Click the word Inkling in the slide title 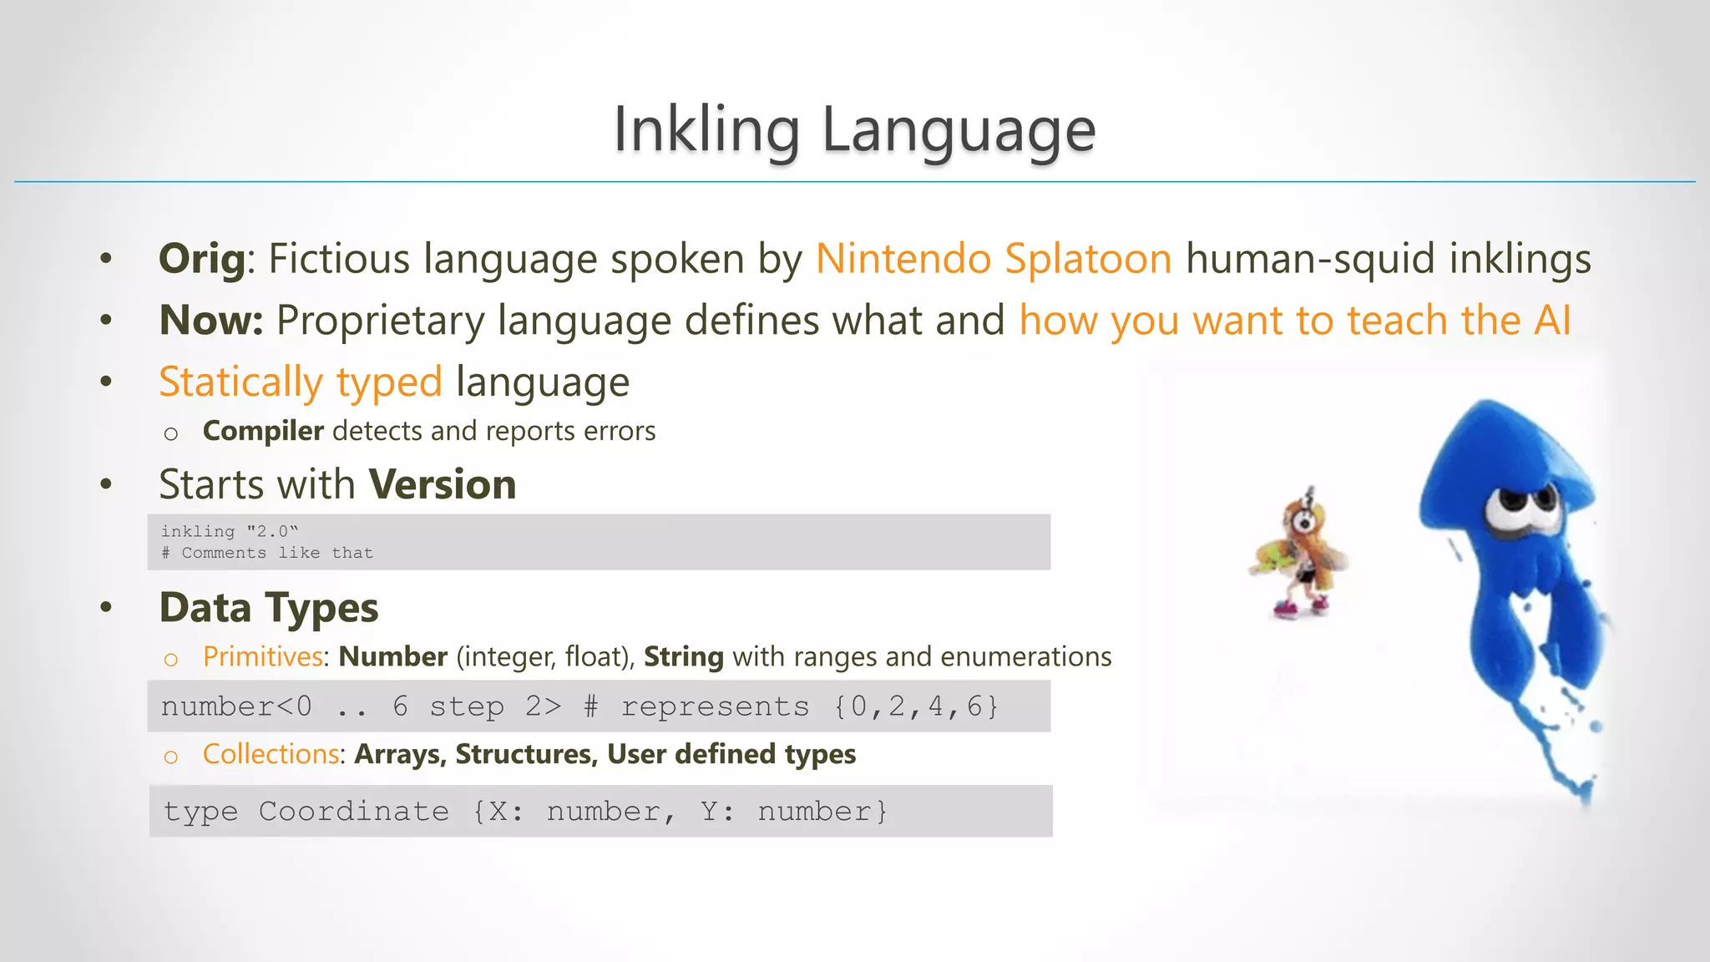706,130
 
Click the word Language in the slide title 959,130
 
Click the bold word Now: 211,321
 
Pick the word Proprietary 380,321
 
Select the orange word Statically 240,382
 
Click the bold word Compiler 263,431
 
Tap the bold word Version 443,484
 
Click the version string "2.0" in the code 272,532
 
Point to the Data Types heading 269,607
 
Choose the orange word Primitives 263,657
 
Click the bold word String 684,657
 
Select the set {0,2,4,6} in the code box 916,707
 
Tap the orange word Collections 271,754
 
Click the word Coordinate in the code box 353,812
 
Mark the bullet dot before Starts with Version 106,484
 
